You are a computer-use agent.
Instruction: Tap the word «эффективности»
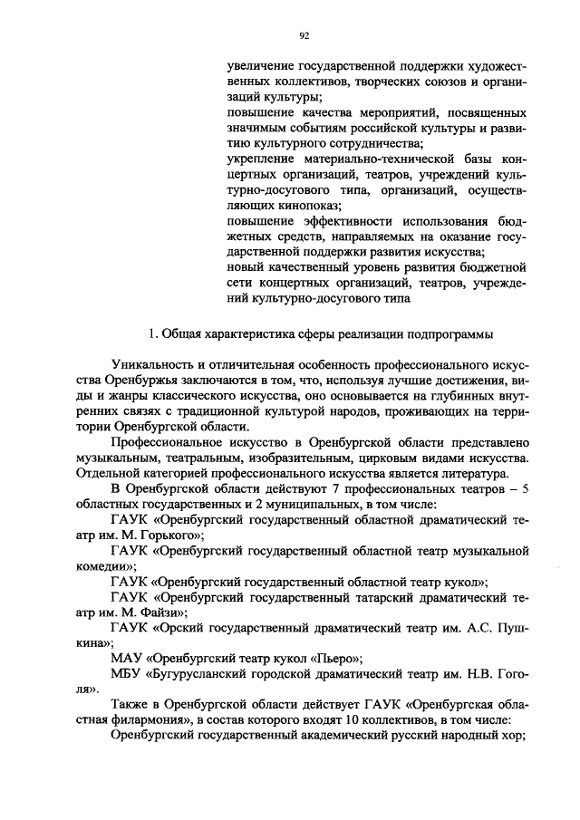(x=344, y=221)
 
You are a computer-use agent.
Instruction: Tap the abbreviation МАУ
(x=125, y=662)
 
